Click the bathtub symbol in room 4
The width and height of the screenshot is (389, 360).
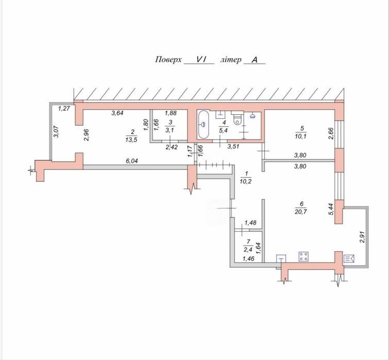pos(204,124)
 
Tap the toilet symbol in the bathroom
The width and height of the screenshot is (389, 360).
pos(238,118)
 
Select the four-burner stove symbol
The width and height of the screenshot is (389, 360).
pos(303,256)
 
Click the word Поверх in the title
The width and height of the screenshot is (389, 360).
pos(168,60)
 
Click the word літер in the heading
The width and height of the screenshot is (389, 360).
pos(231,60)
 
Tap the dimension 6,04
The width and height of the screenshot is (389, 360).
pos(132,161)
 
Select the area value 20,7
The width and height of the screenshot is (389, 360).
pos(302,212)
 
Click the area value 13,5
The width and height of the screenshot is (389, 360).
pos(131,140)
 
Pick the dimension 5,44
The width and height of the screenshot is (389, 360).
pos(332,210)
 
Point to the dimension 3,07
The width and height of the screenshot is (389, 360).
pos(56,132)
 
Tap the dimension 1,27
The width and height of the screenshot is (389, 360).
pos(64,108)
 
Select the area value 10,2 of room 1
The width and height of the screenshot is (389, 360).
pos(246,181)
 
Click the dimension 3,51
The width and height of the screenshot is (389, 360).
pos(233,146)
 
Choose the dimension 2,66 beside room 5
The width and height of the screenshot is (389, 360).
pos(331,133)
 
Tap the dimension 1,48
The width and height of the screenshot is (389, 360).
pos(250,223)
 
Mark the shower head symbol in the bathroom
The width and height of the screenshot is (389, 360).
pos(253,116)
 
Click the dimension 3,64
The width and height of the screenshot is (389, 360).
pos(117,113)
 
